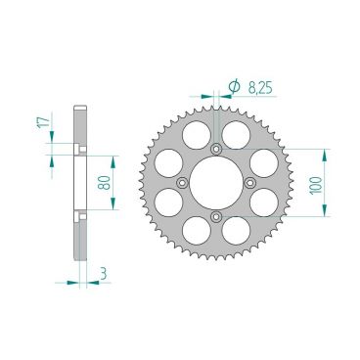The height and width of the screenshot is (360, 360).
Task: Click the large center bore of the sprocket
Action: (215, 182)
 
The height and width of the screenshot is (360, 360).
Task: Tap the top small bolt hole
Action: (215, 148)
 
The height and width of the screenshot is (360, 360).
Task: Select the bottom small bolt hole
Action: (215, 216)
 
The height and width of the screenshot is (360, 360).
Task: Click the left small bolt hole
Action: (181, 182)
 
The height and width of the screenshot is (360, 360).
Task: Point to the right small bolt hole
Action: (249, 182)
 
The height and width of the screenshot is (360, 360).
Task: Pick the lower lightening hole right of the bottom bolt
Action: (237, 234)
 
